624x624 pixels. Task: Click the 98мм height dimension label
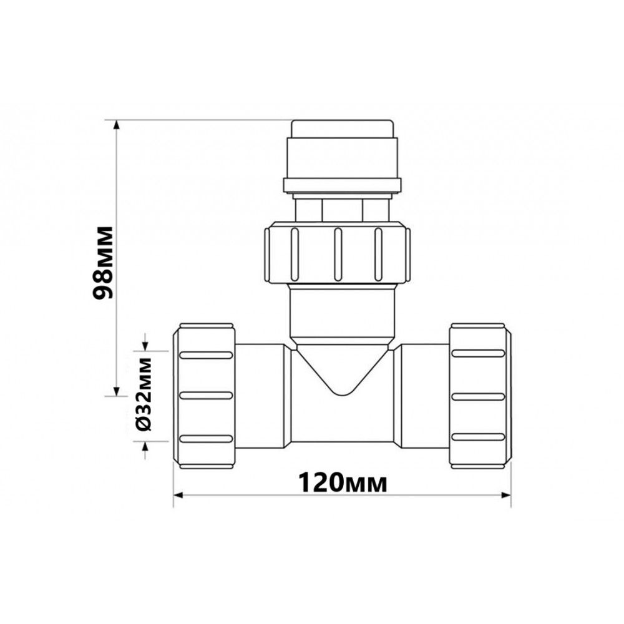103,263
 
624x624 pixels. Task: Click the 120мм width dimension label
343,482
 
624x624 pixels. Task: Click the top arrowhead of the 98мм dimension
116,125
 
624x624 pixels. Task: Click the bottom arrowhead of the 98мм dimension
116,391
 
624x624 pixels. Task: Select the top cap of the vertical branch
341,129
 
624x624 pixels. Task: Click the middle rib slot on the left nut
206,396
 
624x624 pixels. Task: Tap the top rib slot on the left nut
206,355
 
